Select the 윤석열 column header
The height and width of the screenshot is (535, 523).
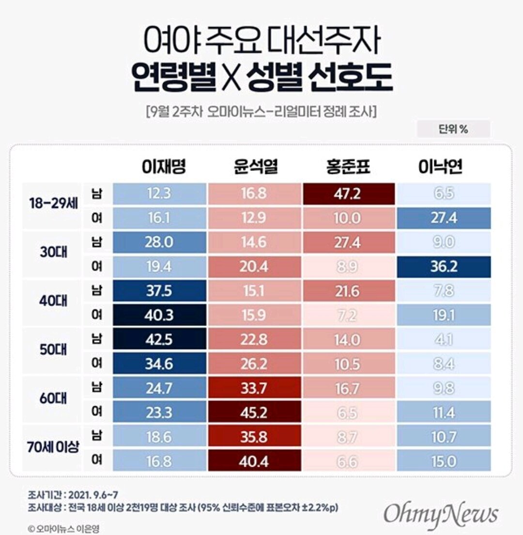[254, 168]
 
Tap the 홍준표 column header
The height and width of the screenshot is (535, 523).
[348, 168]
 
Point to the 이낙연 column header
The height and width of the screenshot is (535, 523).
[441, 168]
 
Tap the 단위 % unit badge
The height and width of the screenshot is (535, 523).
[453, 129]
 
